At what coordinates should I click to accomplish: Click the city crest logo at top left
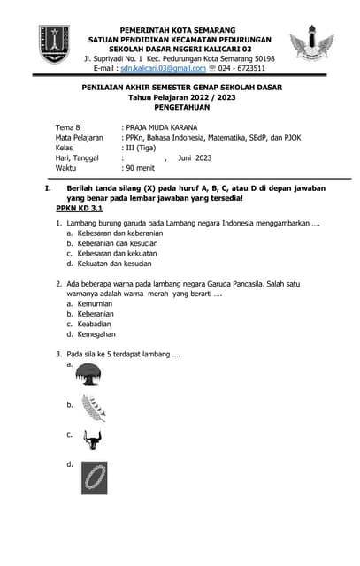click(54, 43)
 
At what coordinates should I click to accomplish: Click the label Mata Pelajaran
click(80, 138)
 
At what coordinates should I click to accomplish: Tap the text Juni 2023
click(195, 157)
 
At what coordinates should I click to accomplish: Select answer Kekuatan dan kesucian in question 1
click(120, 264)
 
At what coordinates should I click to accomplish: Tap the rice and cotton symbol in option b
click(92, 407)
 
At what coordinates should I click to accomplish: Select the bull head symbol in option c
click(90, 439)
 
